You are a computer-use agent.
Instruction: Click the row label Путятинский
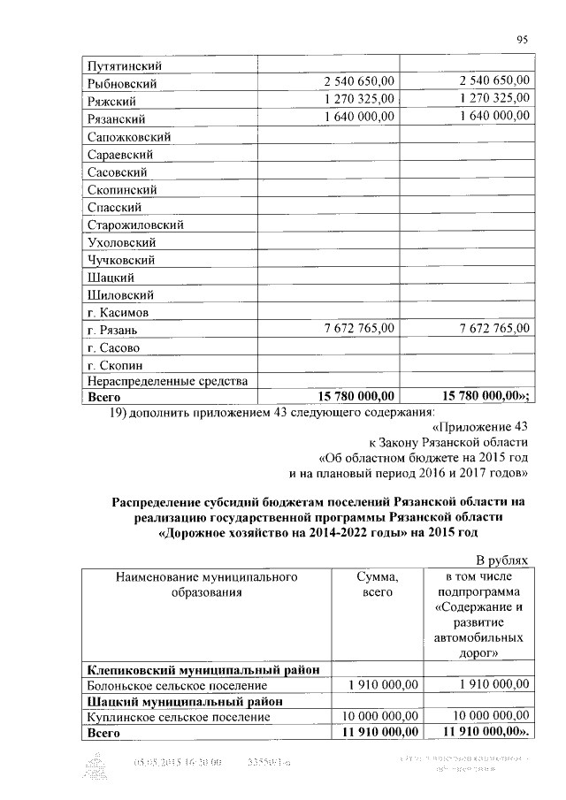coord(126,65)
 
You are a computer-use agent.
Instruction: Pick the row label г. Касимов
coord(118,313)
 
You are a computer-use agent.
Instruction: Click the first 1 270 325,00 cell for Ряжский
coord(357,99)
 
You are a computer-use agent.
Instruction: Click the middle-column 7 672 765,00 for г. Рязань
coord(357,328)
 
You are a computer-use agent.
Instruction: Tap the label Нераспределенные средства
coord(167,381)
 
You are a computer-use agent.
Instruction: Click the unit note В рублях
coord(501,560)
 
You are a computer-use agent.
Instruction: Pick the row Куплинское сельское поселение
coord(177,717)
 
